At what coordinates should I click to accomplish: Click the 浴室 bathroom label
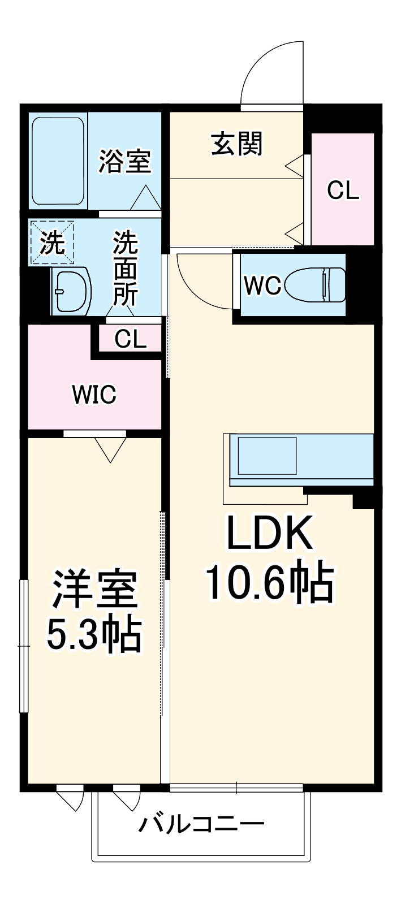tap(124, 161)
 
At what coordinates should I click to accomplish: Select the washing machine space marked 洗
tap(51, 243)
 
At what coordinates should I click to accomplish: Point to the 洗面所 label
tap(125, 268)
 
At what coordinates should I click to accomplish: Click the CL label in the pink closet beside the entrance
tap(343, 191)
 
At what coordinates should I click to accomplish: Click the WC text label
tap(262, 286)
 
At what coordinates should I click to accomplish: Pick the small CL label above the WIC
tap(130, 339)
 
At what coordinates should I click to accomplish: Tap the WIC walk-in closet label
tap(94, 394)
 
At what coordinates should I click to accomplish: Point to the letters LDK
tap(269, 534)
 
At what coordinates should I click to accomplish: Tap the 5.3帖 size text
tap(93, 635)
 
